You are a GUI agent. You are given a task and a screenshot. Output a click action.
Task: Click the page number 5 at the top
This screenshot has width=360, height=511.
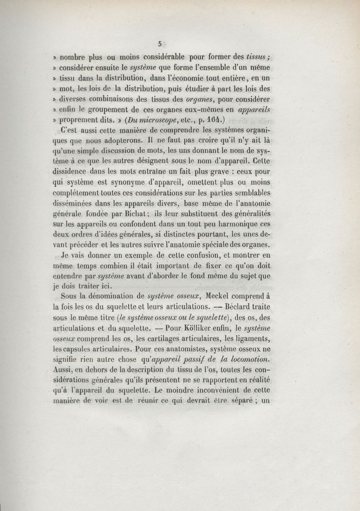pyautogui.click(x=160, y=44)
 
